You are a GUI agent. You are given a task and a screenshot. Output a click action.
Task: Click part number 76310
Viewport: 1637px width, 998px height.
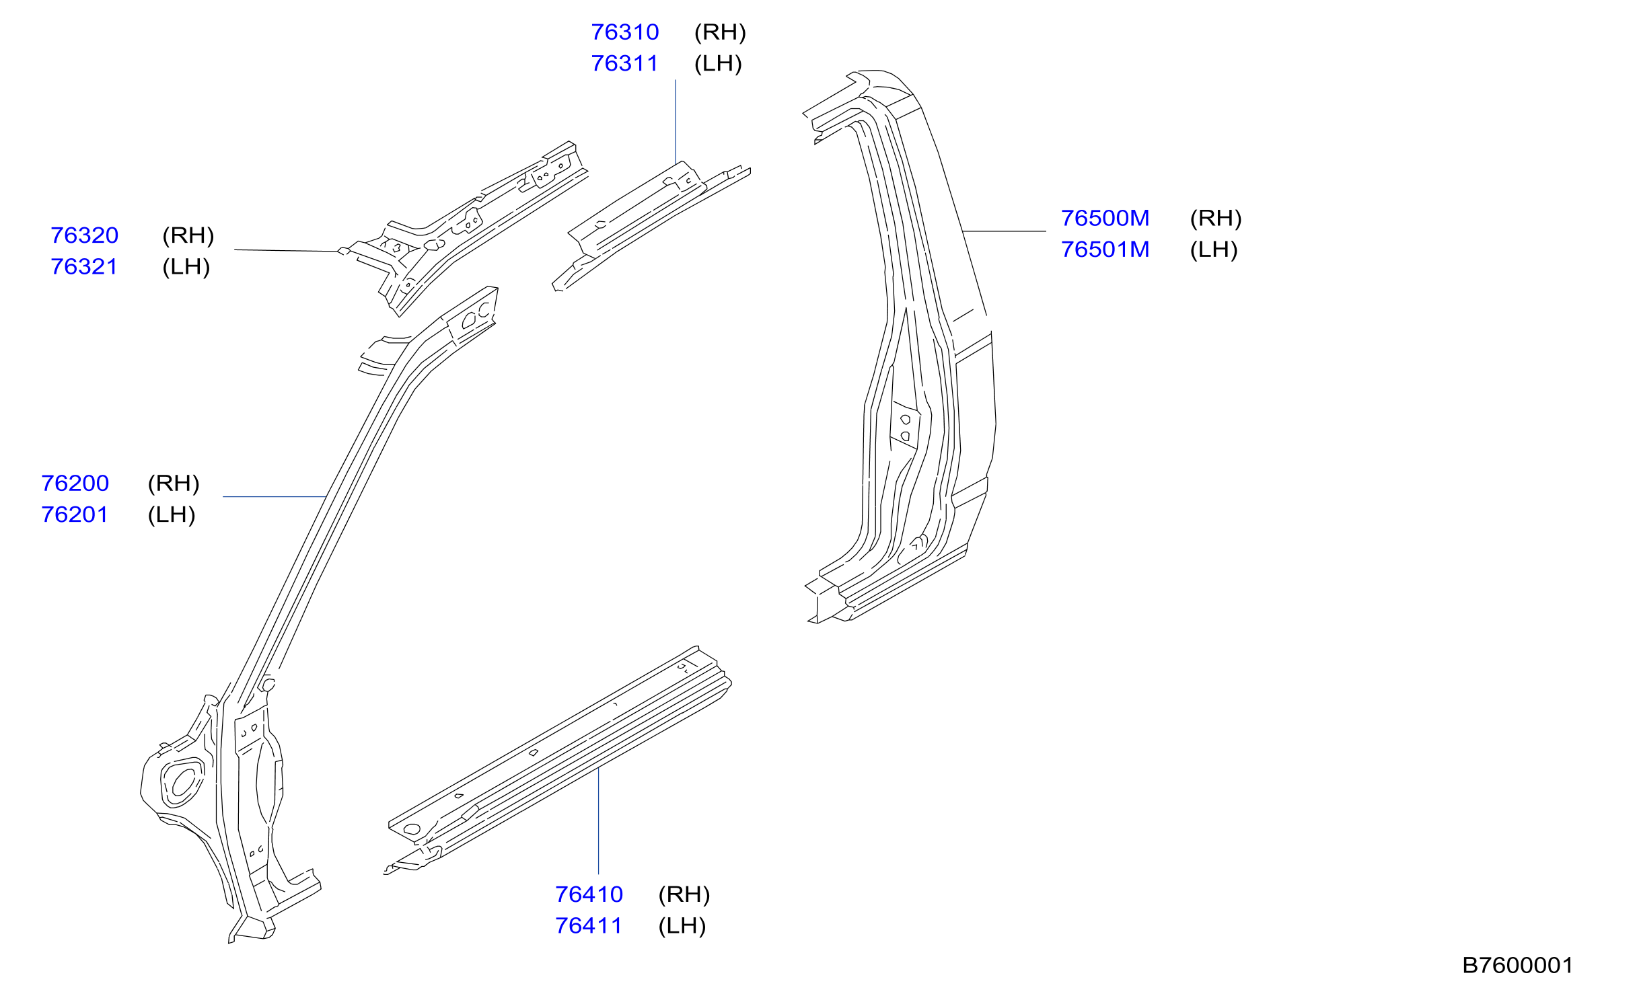click(x=625, y=32)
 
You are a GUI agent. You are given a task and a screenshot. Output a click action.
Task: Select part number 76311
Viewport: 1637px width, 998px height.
click(x=624, y=64)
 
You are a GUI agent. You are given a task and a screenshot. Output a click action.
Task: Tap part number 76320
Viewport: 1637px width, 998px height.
click(x=85, y=235)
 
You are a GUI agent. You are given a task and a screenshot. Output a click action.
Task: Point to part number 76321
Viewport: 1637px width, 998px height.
click(x=84, y=267)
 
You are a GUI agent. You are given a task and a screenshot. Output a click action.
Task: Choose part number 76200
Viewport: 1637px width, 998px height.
click(x=75, y=484)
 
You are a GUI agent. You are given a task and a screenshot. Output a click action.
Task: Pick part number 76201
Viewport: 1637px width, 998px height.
click(x=75, y=515)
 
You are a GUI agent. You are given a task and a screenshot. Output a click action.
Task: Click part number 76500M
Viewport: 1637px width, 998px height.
click(x=1105, y=219)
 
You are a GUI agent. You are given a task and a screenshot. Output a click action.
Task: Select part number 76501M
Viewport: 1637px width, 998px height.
click(x=1105, y=250)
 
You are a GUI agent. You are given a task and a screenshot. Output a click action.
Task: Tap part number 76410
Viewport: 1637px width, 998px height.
click(x=589, y=895)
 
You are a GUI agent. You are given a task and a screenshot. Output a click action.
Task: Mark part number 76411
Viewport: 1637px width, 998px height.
click(x=589, y=927)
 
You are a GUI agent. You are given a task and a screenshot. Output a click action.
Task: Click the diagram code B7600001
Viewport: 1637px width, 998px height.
click(x=1518, y=966)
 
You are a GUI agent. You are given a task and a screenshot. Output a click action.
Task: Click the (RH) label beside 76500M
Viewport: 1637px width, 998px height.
click(x=1216, y=219)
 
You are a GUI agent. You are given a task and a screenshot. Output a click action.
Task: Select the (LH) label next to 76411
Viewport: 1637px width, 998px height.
click(x=682, y=927)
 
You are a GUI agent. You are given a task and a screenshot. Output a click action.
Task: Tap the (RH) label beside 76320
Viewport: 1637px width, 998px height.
click(x=188, y=235)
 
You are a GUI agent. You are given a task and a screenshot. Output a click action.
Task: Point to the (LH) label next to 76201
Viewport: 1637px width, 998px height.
click(x=172, y=515)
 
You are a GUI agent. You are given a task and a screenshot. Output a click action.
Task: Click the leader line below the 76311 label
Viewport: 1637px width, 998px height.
click(x=676, y=122)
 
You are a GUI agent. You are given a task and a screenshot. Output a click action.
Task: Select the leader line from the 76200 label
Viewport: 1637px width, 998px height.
click(x=275, y=497)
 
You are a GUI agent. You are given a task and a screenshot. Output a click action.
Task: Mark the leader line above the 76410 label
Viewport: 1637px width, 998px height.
click(x=599, y=821)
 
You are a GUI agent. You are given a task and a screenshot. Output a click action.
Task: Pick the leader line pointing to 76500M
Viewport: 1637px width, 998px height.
click(x=1005, y=231)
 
